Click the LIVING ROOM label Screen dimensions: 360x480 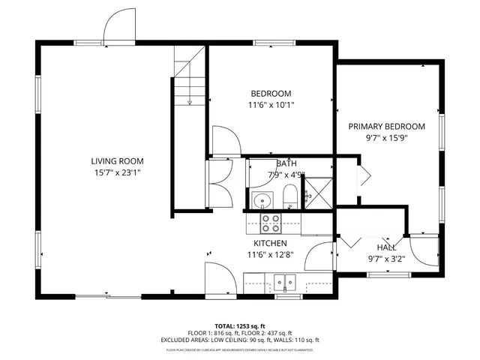click(x=117, y=161)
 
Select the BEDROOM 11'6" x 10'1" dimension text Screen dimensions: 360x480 click(x=271, y=105)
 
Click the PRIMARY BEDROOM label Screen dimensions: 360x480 click(x=386, y=127)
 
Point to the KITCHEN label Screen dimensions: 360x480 click(x=270, y=244)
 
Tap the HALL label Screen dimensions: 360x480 click(x=386, y=247)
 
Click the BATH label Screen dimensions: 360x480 click(x=286, y=163)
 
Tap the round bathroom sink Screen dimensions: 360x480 click(x=262, y=199)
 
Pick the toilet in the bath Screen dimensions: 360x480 click(x=289, y=199)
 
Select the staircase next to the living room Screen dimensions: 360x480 click(x=189, y=75)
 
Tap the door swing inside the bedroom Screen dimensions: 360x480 click(x=224, y=140)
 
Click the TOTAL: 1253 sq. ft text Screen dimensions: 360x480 click(x=239, y=326)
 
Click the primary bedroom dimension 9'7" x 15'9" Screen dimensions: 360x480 click(x=386, y=138)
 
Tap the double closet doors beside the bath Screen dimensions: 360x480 click(x=220, y=173)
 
